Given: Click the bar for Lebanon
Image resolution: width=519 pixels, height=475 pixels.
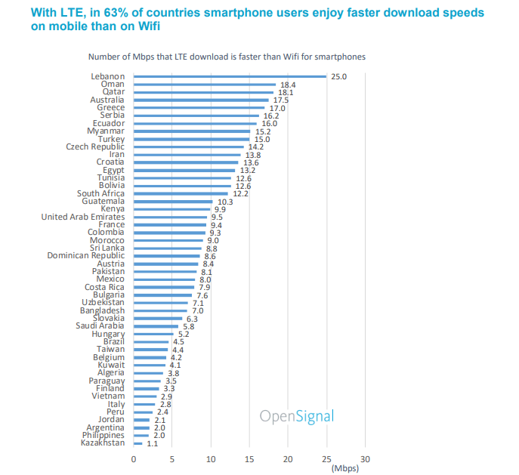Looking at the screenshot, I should pos(230,76).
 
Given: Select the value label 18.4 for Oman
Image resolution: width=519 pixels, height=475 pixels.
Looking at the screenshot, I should pos(287,85).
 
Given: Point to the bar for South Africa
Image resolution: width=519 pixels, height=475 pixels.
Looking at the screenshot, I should pos(181,193).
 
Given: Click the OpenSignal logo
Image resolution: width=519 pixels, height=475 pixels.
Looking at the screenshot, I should pos(296,416).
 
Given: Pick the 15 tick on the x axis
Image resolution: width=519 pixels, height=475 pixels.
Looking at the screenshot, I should pos(249,459).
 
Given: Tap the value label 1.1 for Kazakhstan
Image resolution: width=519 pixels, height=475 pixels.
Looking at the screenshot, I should pos(153,443).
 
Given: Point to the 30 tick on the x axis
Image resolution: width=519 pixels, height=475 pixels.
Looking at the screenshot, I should pos(365,459).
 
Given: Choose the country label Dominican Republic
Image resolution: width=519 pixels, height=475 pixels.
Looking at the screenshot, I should pos(86,256).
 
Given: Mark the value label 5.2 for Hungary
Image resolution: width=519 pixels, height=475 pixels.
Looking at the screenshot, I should pos(184,334).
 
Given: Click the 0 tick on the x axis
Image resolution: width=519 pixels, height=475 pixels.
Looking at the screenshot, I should pos(134,459).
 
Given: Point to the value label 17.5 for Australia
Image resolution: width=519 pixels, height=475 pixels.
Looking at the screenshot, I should pos(280,100).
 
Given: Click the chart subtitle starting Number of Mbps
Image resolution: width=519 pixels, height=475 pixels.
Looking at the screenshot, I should pos(227,57).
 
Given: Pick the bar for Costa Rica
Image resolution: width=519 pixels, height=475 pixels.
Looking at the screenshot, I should pos(164,287).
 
